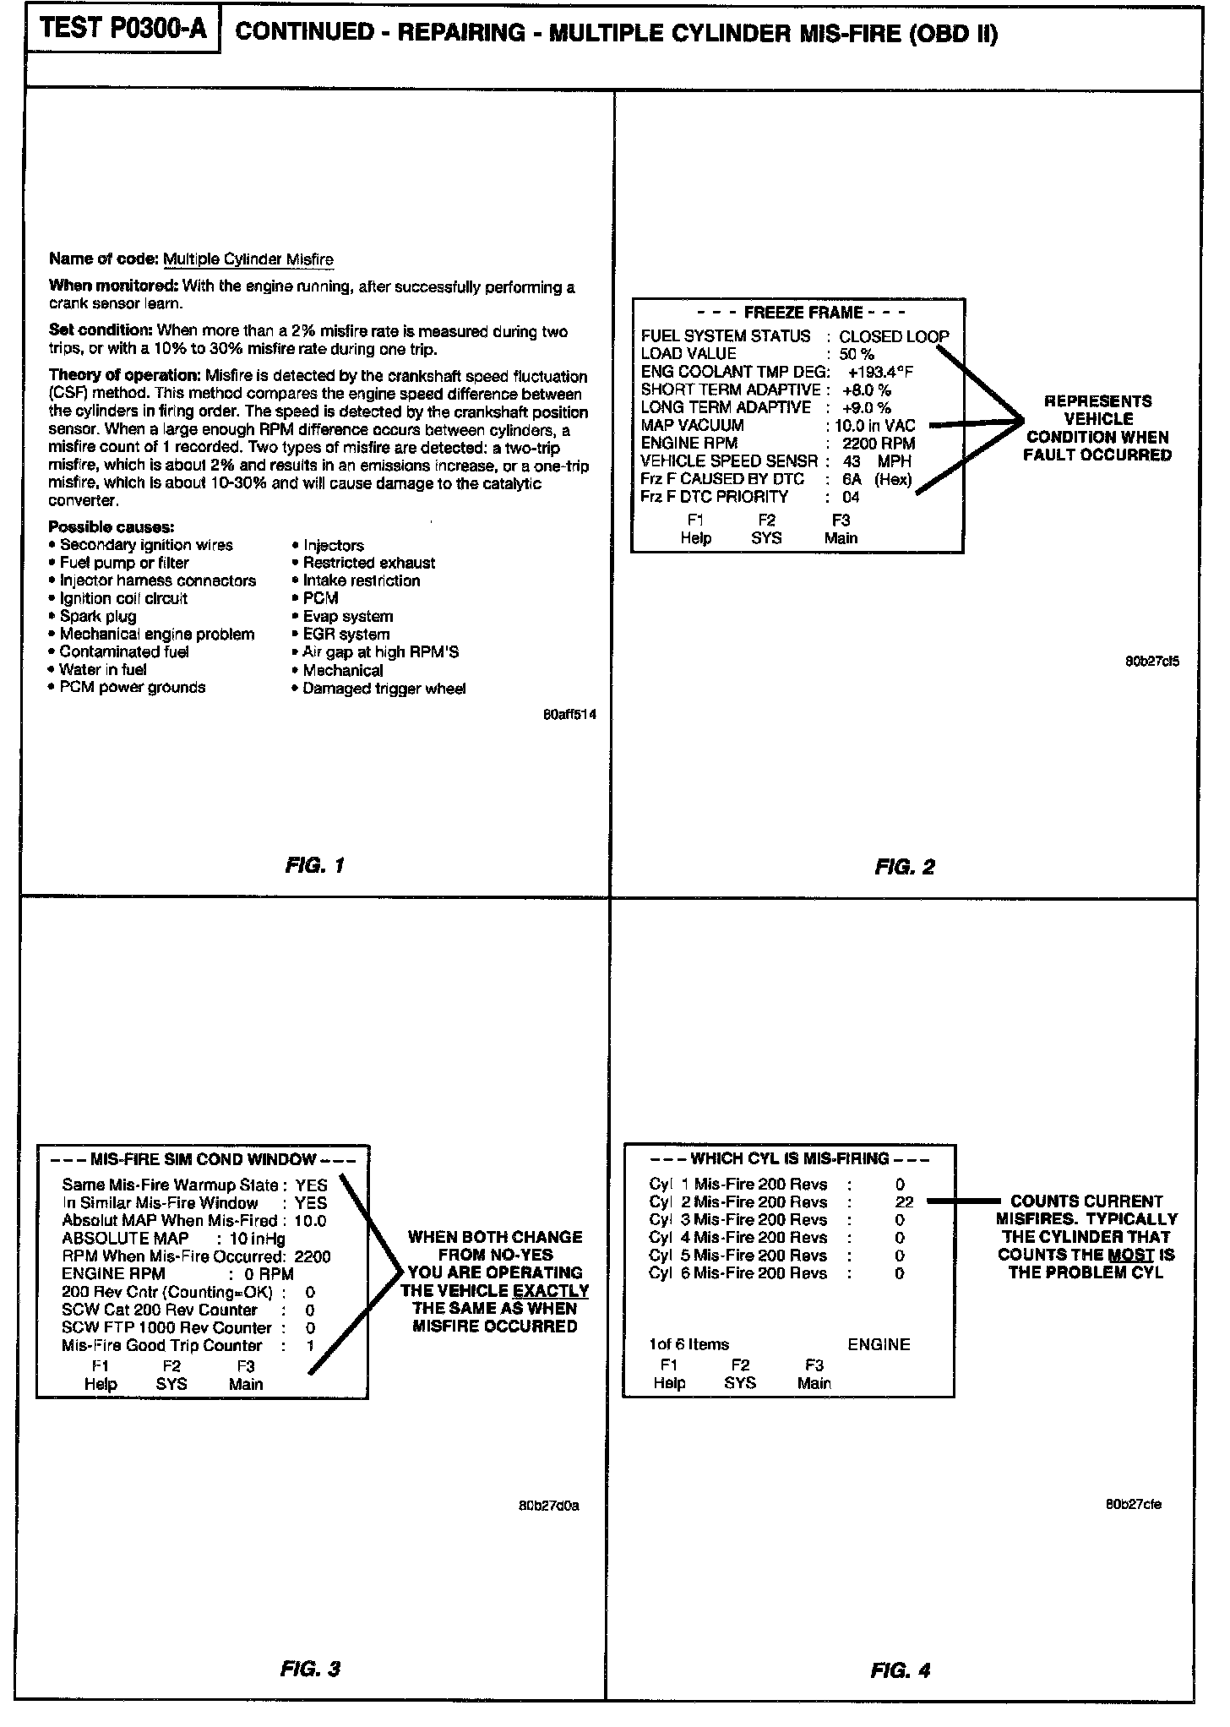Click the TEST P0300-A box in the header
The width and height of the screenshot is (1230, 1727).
click(x=123, y=31)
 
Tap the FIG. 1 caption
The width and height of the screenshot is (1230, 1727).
click(x=315, y=865)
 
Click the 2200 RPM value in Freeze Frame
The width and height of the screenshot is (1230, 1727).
click(x=879, y=443)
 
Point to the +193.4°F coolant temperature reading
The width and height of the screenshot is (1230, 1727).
click(x=880, y=372)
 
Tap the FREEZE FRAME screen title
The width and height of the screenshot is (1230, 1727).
click(x=803, y=313)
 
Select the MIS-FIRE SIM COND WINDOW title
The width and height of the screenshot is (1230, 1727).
click(x=203, y=1159)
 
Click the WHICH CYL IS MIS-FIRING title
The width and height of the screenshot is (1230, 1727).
click(x=790, y=1158)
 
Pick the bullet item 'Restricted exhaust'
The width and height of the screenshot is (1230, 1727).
click(x=369, y=563)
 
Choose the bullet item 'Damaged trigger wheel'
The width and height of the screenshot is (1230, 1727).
click(x=384, y=689)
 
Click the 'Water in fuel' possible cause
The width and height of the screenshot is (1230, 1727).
click(x=102, y=670)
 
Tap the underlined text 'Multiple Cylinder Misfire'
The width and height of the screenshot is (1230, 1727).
click(x=248, y=259)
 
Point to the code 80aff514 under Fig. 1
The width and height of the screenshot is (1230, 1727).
click(x=569, y=715)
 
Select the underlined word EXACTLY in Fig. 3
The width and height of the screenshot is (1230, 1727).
click(x=551, y=1290)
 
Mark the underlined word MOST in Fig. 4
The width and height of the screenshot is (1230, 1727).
click(x=1131, y=1255)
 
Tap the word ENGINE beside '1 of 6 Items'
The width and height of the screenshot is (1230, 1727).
click(x=879, y=1344)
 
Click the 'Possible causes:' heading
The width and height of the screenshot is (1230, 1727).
click(x=112, y=527)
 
